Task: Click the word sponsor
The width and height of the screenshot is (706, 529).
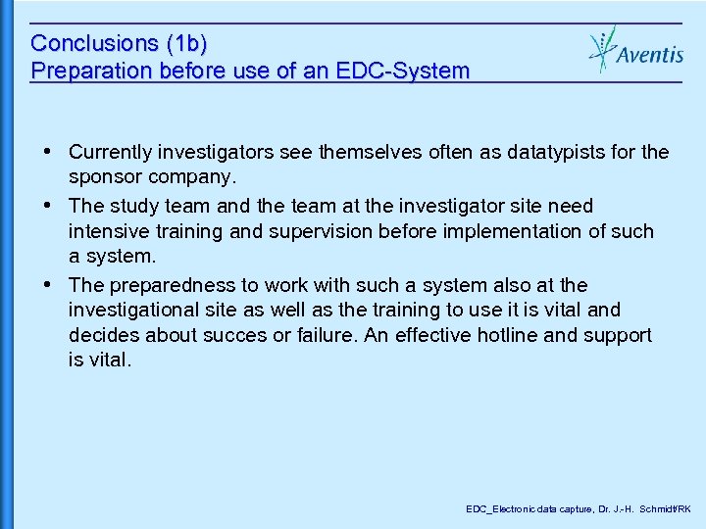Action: [103, 177]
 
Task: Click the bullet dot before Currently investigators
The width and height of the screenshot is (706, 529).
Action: [49, 152]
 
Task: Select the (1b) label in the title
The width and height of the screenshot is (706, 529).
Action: [187, 44]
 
